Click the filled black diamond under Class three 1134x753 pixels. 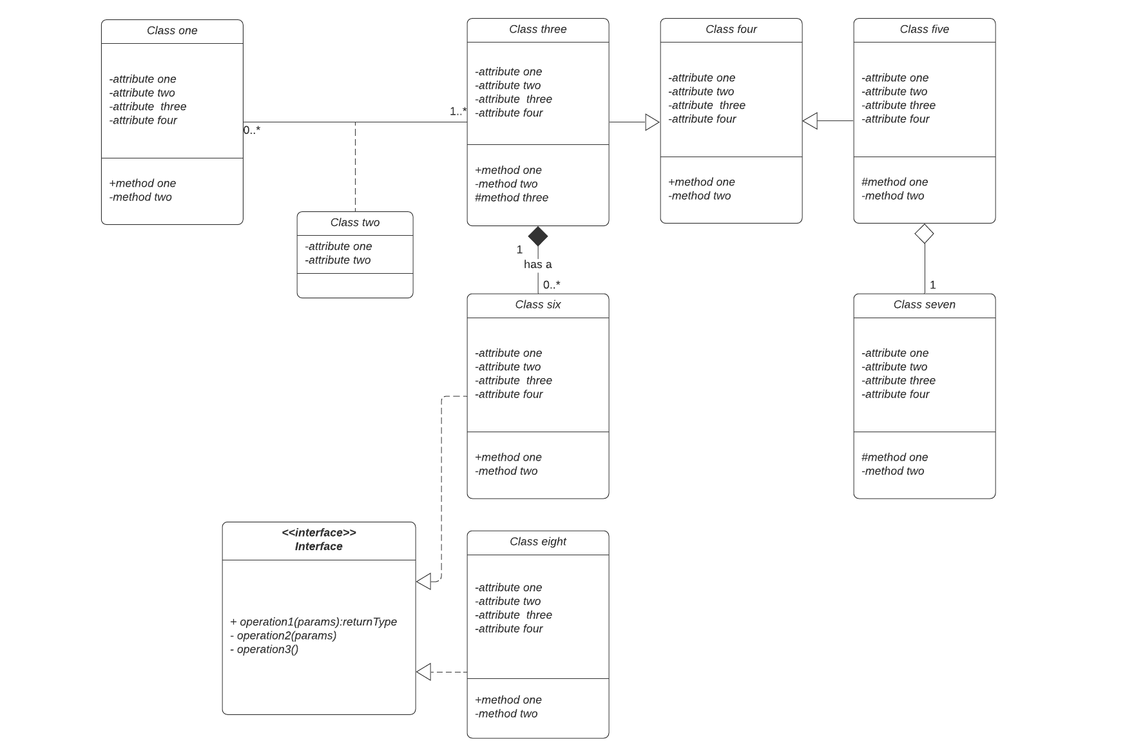click(x=538, y=236)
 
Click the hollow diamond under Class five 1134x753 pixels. click(x=925, y=234)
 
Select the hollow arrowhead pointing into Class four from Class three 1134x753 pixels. click(x=652, y=122)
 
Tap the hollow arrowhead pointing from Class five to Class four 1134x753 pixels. click(x=811, y=120)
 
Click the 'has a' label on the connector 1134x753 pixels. click(x=537, y=264)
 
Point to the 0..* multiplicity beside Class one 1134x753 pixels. click(x=252, y=130)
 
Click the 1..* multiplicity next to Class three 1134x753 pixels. click(x=458, y=111)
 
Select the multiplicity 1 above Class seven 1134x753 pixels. click(x=933, y=285)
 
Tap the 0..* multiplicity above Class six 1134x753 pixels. click(x=552, y=285)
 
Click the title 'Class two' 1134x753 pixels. click(x=355, y=222)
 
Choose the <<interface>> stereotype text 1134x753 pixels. click(x=319, y=533)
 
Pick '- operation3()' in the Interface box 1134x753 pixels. click(x=264, y=649)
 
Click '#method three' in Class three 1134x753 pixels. click(x=512, y=198)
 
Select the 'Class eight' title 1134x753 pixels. click(x=538, y=542)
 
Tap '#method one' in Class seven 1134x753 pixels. click(x=895, y=457)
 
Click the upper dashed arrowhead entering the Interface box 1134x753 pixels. click(x=424, y=581)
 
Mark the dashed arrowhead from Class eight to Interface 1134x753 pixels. click(x=424, y=672)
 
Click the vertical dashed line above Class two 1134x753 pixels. click(x=355, y=167)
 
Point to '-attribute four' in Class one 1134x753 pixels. click(x=143, y=120)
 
